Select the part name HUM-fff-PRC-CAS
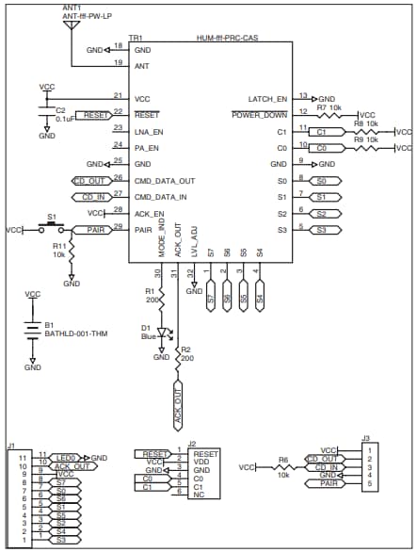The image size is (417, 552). click(228, 39)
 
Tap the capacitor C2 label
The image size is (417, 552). click(46, 110)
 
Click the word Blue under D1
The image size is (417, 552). click(148, 335)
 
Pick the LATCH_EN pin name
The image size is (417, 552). click(267, 98)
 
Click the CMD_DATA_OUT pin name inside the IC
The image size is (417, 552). click(165, 180)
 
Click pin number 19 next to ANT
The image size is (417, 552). click(117, 62)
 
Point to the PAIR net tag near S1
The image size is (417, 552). click(89, 229)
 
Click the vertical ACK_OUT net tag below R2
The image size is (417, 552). click(177, 398)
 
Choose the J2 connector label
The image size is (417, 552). click(191, 444)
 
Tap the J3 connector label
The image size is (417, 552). click(366, 437)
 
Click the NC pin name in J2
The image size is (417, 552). click(199, 495)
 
